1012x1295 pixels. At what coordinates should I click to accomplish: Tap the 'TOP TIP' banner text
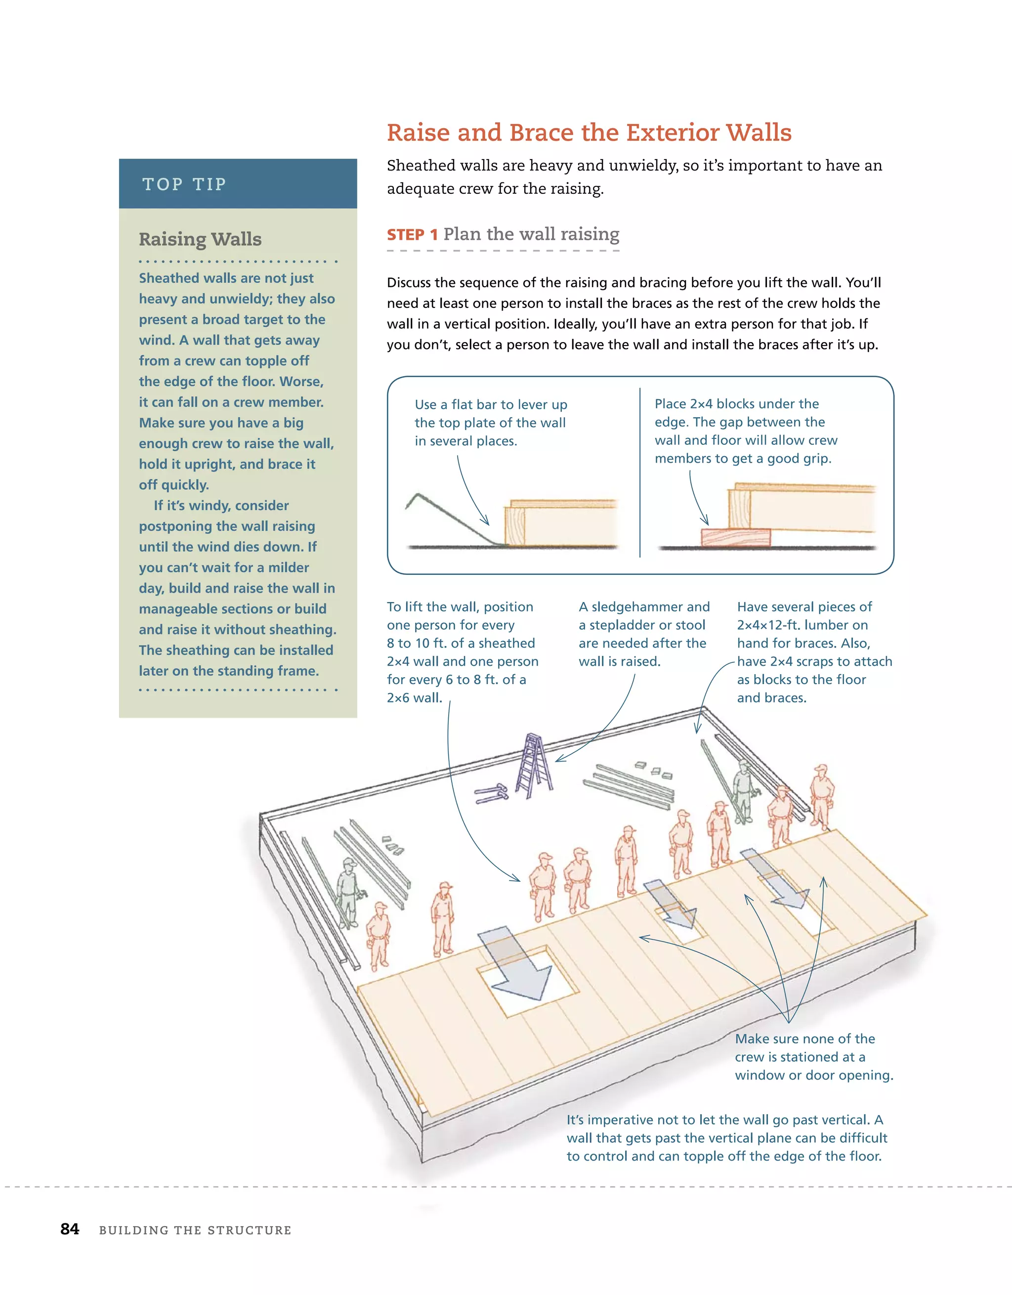pos(184,184)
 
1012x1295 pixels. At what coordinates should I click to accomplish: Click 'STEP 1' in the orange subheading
pos(412,235)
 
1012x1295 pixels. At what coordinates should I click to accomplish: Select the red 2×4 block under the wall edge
pos(736,537)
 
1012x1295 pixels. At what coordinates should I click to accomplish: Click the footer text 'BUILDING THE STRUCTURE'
pos(195,1230)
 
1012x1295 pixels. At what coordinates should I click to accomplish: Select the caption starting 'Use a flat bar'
pos(490,404)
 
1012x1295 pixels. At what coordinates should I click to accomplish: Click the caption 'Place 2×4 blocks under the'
pos(736,404)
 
